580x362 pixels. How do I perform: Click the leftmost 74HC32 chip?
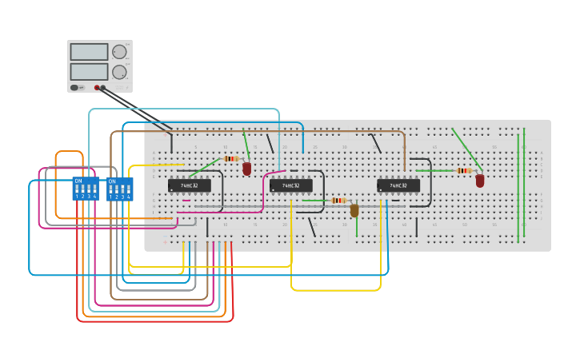pyautogui.click(x=190, y=185)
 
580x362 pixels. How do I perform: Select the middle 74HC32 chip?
pyautogui.click(x=291, y=185)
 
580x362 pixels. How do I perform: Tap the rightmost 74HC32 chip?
pyautogui.click(x=398, y=185)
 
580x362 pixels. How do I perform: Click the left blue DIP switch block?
pyautogui.click(x=86, y=189)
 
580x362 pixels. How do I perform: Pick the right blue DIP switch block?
pyautogui.click(x=120, y=189)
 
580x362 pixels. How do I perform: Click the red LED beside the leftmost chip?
pyautogui.click(x=247, y=169)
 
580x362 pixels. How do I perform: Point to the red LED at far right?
pyautogui.click(x=480, y=181)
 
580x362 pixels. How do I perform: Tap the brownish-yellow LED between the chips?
pyautogui.click(x=354, y=210)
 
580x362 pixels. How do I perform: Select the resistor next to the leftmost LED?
pyautogui.click(x=231, y=158)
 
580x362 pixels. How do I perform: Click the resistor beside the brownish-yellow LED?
pyautogui.click(x=338, y=201)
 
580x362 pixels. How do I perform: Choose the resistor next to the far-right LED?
pyautogui.click(x=463, y=170)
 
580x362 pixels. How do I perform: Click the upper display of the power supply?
pyautogui.click(x=89, y=52)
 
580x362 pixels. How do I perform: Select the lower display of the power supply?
pyautogui.click(x=89, y=71)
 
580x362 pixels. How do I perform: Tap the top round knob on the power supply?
pyautogui.click(x=119, y=52)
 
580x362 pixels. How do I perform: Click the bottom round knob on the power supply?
pyautogui.click(x=119, y=72)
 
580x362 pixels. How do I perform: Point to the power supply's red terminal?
pyautogui.click(x=97, y=88)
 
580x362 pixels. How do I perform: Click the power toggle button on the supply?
pyautogui.click(x=74, y=88)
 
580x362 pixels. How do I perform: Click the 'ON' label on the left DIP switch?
pyautogui.click(x=78, y=181)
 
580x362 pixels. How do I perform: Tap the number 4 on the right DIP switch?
pyautogui.click(x=129, y=197)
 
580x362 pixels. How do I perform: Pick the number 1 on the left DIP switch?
pyautogui.click(x=78, y=197)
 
